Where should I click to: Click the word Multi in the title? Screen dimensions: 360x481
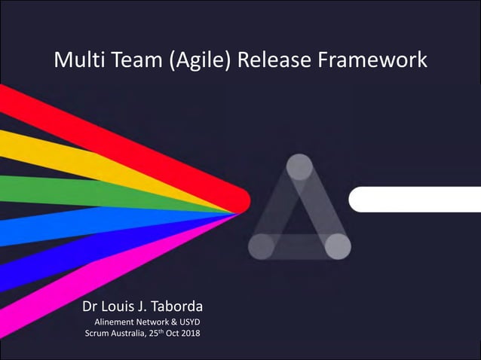click(76, 59)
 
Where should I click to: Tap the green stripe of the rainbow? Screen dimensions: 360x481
click(75, 191)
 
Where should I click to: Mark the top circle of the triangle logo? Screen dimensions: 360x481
click(299, 166)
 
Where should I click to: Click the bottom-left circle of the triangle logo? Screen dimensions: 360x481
click(261, 246)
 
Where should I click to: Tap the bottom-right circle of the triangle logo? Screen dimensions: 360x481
click(338, 246)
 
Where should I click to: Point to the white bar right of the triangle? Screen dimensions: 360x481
click(415, 200)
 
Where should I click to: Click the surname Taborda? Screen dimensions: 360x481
click(175, 307)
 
